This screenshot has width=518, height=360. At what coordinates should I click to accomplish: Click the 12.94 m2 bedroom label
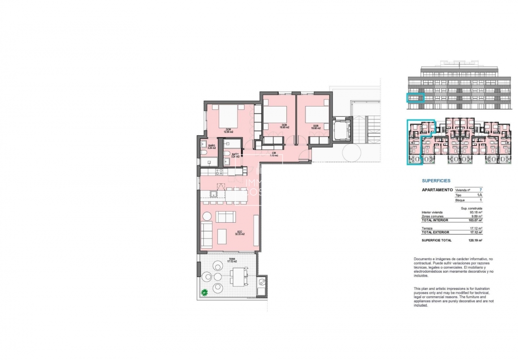pyautogui.click(x=229, y=130)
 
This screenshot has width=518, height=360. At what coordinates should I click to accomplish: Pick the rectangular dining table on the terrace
pyautogui.click(x=238, y=277)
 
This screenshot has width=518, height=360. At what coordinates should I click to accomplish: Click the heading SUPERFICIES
pyautogui.click(x=436, y=181)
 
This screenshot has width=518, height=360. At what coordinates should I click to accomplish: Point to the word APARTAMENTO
pyautogui.click(x=437, y=190)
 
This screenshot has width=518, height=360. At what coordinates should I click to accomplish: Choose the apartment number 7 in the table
pyautogui.click(x=481, y=190)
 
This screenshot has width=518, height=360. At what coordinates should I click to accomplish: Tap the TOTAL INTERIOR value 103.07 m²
pyautogui.click(x=475, y=220)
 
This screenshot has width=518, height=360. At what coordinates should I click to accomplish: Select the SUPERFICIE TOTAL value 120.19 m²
pyautogui.click(x=475, y=240)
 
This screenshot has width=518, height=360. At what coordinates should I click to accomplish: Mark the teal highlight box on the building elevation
pyautogui.click(x=416, y=98)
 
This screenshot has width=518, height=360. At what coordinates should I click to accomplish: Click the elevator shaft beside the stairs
pyautogui.click(x=342, y=129)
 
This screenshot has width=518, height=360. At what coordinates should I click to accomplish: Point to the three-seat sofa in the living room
pyautogui.click(x=206, y=235)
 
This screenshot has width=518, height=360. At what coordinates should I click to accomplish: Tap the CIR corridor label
pyautogui.click(x=274, y=155)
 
